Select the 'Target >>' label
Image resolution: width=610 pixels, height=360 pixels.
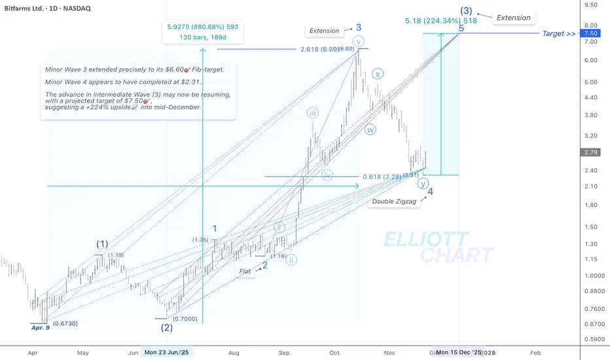click(558, 33)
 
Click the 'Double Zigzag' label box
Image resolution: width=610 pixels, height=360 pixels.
click(391, 202)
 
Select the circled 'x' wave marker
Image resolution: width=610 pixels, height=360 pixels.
click(378, 73)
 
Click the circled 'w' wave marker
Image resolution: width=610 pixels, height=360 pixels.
click(370, 129)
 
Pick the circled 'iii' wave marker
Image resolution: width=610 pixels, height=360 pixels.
click(314, 113)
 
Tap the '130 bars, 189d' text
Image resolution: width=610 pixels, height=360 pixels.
click(203, 37)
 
